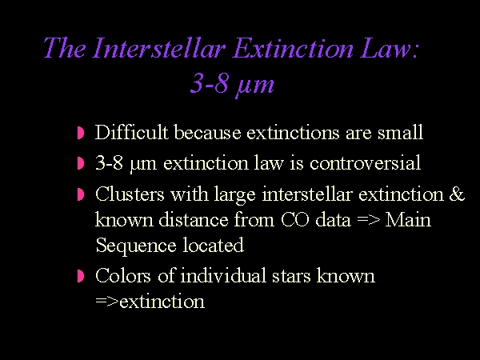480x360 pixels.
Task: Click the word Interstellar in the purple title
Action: pos(159,48)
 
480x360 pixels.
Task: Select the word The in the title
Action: pos(65,48)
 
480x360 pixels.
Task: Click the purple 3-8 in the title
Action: pos(210,83)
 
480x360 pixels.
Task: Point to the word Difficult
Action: pos(132,132)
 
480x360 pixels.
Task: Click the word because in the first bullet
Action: pos(207,133)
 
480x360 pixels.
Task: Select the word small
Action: pos(400,132)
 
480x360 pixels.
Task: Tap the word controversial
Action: pos(365,162)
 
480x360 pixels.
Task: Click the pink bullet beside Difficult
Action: pos(81,133)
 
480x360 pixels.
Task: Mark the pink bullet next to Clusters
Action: pos(81,194)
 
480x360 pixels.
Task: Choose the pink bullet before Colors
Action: pos(81,276)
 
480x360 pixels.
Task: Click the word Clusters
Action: pos(130,194)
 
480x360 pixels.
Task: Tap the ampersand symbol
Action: pos(457,194)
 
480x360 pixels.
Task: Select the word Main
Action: pos(408,219)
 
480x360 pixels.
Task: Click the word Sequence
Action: pos(136,246)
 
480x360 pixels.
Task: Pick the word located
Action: pos(214,245)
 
